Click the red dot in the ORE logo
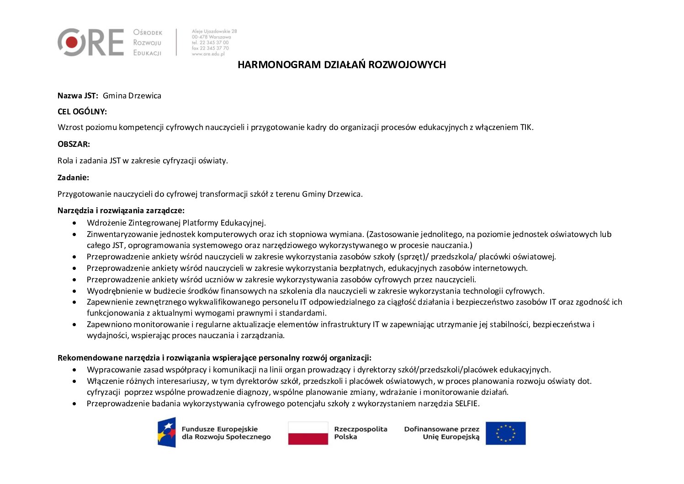tap(71, 43)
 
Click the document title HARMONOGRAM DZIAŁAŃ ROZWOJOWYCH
tap(341, 65)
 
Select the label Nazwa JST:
tap(78, 96)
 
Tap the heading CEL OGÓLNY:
tap(82, 112)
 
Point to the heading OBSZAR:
tap(74, 144)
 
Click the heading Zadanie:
tap(73, 177)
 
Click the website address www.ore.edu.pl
tap(208, 54)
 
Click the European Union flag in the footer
tap(505, 433)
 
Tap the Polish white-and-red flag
tap(308, 433)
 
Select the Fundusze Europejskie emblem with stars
tap(167, 432)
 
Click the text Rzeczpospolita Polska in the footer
tap(361, 433)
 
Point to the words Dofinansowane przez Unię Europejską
tap(442, 433)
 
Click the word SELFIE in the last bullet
tap(467, 403)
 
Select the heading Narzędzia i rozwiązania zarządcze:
tap(121, 210)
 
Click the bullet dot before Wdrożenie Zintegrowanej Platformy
tap(74, 223)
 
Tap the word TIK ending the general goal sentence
tap(526, 128)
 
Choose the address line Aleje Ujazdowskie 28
tap(214, 32)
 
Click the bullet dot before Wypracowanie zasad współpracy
tap(74, 370)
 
